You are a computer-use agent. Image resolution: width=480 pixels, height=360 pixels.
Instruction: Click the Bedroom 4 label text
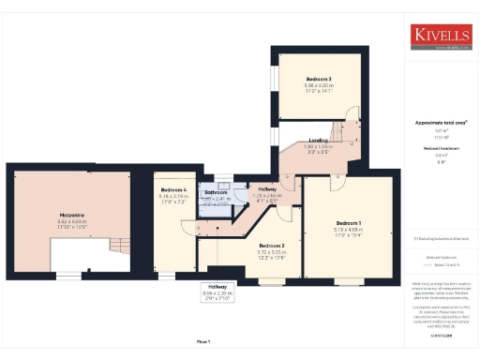(x=173, y=190)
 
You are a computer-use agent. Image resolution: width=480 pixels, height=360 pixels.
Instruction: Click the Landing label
(x=319, y=140)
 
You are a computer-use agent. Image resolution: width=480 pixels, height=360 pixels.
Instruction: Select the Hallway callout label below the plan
(x=217, y=288)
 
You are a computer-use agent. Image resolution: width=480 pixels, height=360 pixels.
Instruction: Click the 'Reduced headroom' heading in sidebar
(x=440, y=148)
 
